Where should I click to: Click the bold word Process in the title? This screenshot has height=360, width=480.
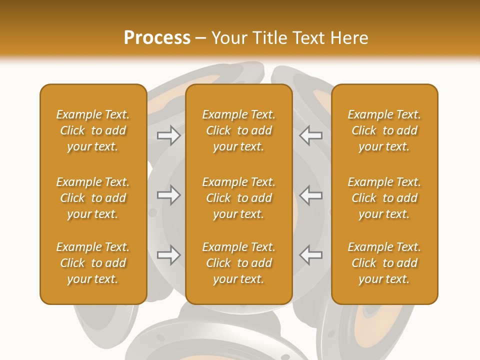click(x=157, y=38)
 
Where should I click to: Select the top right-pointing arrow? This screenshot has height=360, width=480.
click(x=169, y=135)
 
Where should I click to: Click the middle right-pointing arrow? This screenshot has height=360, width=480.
click(x=169, y=195)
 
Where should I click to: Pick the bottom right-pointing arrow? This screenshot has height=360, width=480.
click(x=169, y=255)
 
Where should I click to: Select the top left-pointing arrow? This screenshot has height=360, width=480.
click(x=310, y=135)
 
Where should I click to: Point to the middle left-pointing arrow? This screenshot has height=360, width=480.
click(x=310, y=195)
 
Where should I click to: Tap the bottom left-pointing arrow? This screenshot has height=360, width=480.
click(x=310, y=255)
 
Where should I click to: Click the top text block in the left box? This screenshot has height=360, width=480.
click(x=93, y=130)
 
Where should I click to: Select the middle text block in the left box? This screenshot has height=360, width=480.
click(x=93, y=198)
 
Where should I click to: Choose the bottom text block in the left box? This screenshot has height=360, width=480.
click(x=93, y=263)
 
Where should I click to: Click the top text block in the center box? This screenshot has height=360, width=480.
click(x=238, y=130)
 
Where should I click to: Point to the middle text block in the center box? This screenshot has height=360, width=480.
click(x=238, y=198)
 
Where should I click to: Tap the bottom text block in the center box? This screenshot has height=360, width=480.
click(x=238, y=263)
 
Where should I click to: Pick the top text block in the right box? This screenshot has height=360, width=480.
click(x=384, y=130)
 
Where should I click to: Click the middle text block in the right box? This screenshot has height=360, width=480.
click(x=384, y=198)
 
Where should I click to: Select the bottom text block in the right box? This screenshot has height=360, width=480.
click(x=384, y=263)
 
